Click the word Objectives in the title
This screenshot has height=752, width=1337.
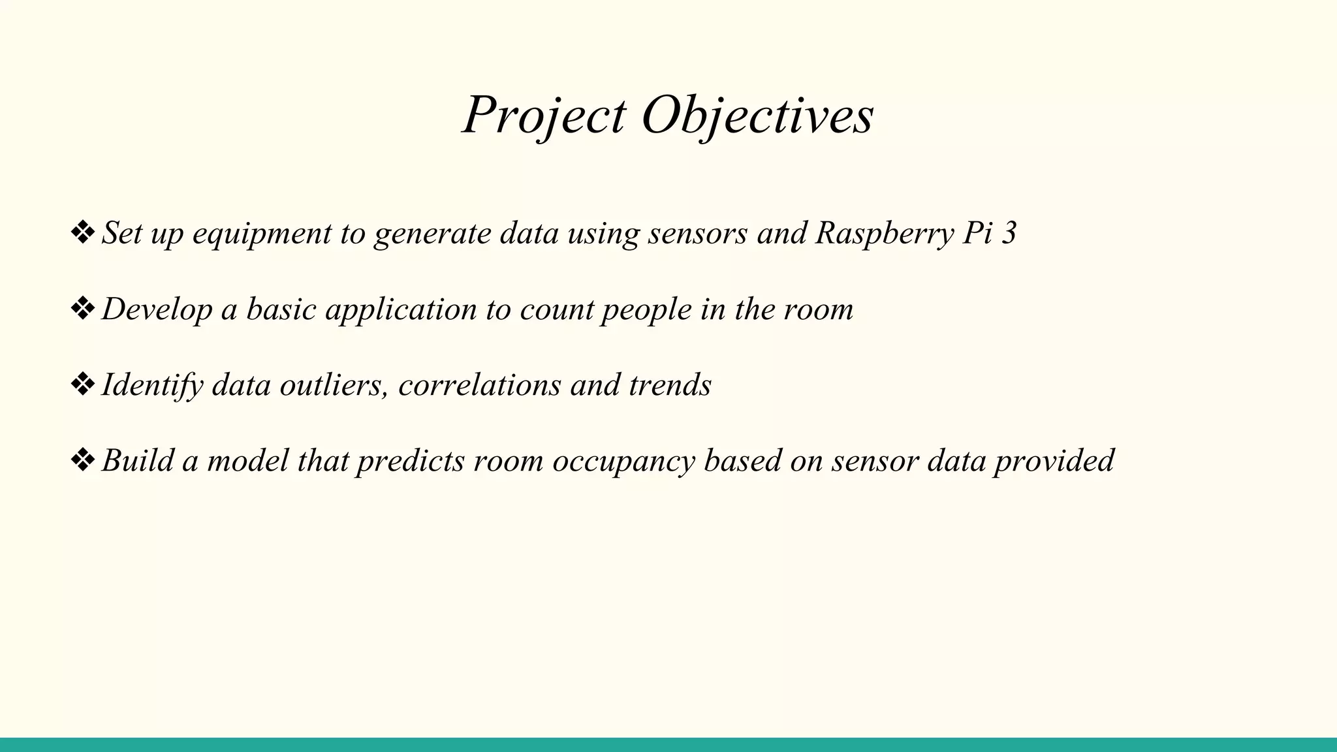coord(757,116)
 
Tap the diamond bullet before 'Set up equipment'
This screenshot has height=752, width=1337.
coord(82,233)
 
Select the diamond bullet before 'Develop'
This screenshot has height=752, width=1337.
coord(82,309)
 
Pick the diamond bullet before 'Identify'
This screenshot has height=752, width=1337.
coord(82,384)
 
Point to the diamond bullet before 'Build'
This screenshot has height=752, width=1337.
coord(82,460)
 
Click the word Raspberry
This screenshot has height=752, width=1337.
coord(884,234)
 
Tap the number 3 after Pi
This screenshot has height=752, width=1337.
coord(1009,233)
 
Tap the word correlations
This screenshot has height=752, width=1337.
coord(479,384)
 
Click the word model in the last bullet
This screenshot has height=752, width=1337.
coord(247,460)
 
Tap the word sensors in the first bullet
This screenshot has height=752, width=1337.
coord(697,234)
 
